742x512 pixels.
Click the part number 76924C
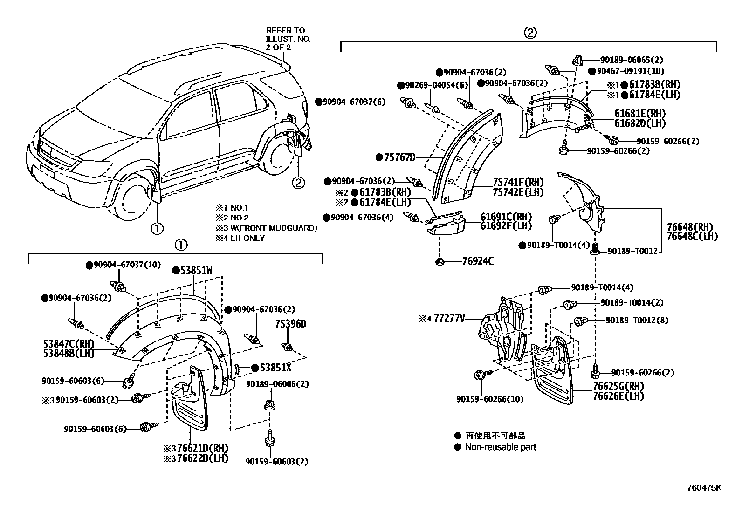(x=478, y=261)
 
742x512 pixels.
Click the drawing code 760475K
(x=704, y=488)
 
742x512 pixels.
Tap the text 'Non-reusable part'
(x=500, y=447)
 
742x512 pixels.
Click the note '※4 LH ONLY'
(x=240, y=238)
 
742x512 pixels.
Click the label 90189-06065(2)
(x=631, y=60)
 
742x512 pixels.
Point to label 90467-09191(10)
(x=631, y=71)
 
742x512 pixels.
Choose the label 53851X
(x=275, y=368)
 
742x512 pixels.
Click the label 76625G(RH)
(x=618, y=387)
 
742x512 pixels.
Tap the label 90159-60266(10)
(x=490, y=399)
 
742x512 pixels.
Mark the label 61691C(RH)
(x=506, y=217)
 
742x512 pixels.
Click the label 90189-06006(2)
(x=277, y=384)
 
